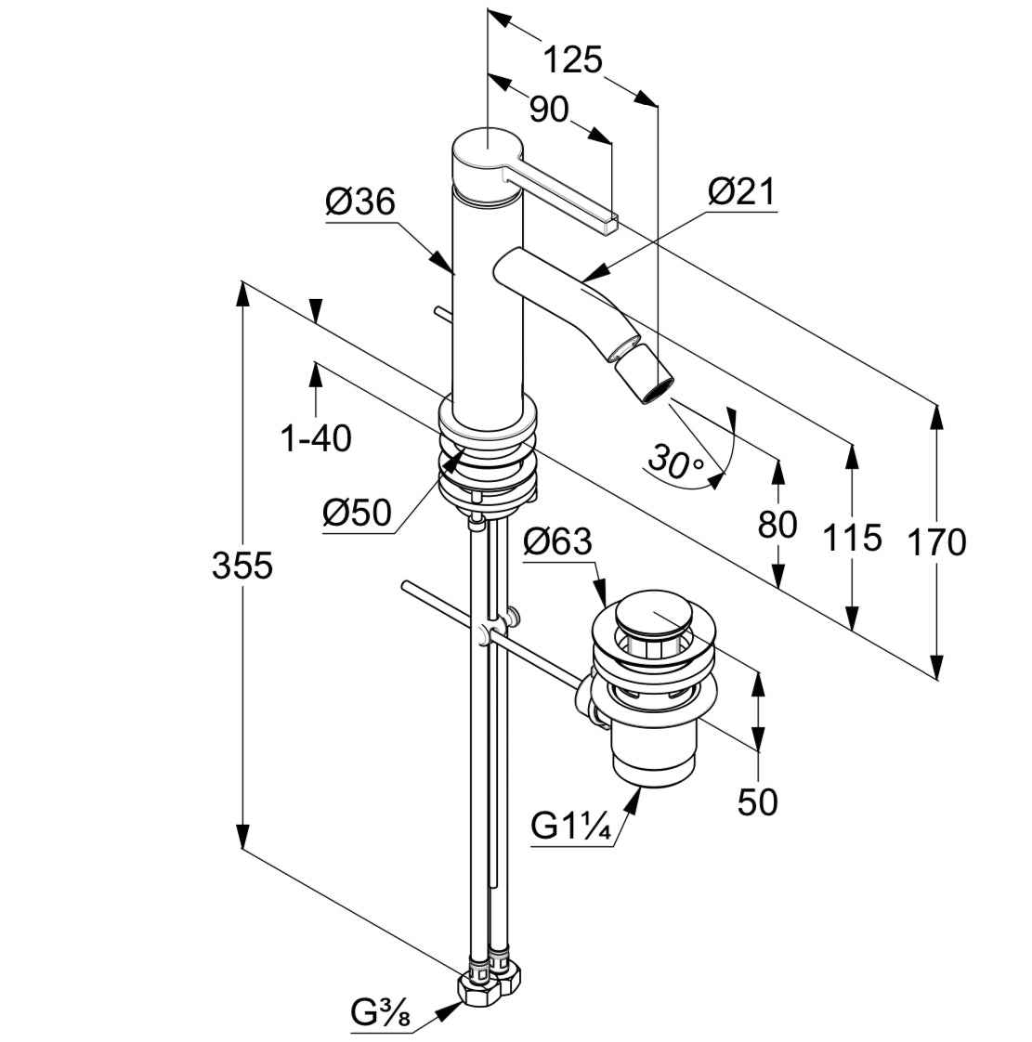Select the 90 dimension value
tap(548, 110)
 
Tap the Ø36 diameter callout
tap(360, 202)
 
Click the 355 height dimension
tap(242, 565)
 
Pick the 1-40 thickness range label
tap(317, 437)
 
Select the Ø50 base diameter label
tap(358, 513)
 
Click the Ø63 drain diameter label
tap(557, 541)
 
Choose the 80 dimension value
tap(777, 525)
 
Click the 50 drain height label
tap(758, 801)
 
